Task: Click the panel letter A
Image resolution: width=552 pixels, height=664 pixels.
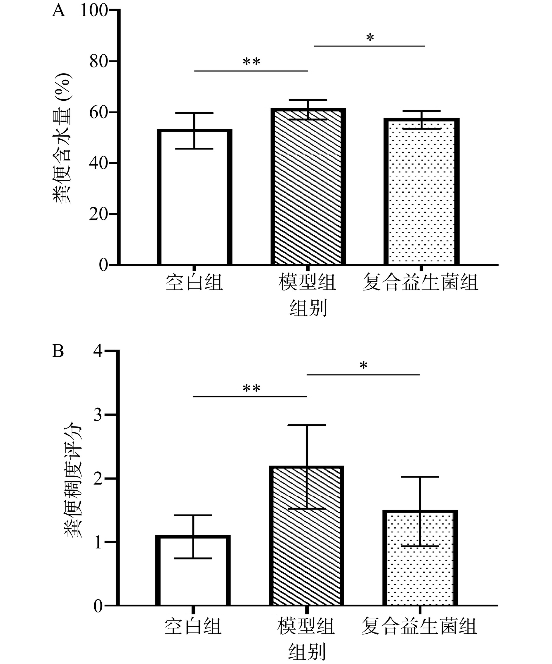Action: pyautogui.click(x=58, y=11)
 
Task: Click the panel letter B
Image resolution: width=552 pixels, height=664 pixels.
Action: pyautogui.click(x=58, y=351)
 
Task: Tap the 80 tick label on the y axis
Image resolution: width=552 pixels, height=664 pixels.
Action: pyautogui.click(x=99, y=61)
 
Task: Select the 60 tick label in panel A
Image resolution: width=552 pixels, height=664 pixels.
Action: pyautogui.click(x=99, y=113)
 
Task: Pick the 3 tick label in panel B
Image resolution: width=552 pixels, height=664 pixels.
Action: pyautogui.click(x=98, y=415)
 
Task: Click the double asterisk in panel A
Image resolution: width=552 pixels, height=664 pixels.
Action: pyautogui.click(x=251, y=62)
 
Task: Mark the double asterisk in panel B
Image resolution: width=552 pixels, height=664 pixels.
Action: pyautogui.click(x=251, y=388)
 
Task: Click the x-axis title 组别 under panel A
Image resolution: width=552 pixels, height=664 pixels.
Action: pyautogui.click(x=308, y=308)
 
